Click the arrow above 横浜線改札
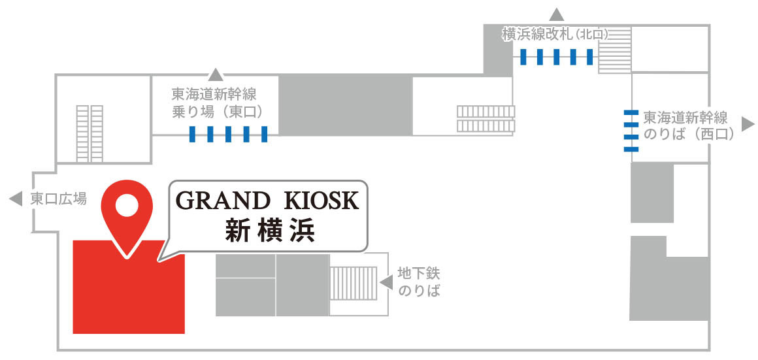pyautogui.click(x=557, y=14)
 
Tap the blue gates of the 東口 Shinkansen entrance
pyautogui.click(x=228, y=134)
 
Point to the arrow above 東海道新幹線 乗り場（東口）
pyautogui.click(x=216, y=74)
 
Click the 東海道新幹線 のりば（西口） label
pyautogui.click(x=686, y=126)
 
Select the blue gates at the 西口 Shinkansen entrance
pyautogui.click(x=631, y=131)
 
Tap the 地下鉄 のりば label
pyautogui.click(x=419, y=282)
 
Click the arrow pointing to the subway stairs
pyautogui.click(x=387, y=282)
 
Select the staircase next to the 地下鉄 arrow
pyautogui.click(x=354, y=283)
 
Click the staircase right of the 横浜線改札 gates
pyautogui.click(x=614, y=50)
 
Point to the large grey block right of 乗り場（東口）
pyautogui.click(x=346, y=105)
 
